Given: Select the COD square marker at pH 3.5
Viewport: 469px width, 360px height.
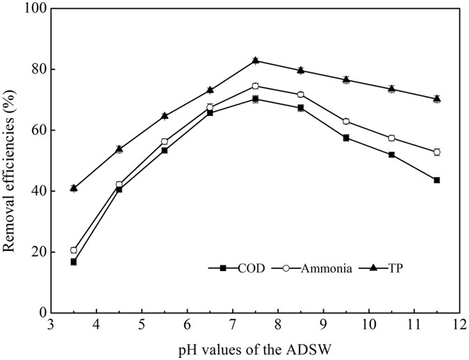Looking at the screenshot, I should (x=74, y=262).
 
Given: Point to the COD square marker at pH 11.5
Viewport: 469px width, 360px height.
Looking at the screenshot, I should (x=437, y=180).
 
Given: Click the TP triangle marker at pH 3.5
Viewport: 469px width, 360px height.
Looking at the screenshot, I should (x=74, y=188).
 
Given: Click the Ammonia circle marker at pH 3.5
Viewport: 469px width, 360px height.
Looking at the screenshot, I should (x=74, y=250).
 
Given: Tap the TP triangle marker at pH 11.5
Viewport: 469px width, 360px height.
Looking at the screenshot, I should (x=437, y=99).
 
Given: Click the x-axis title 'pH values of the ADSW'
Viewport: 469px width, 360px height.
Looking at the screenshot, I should (x=255, y=349).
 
